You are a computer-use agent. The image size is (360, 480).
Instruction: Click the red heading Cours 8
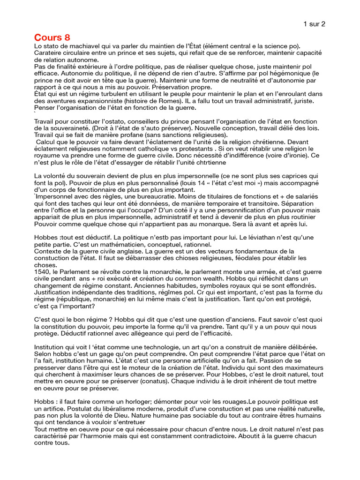tap(52, 37)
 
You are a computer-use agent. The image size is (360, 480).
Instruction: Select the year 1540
tap(43, 271)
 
